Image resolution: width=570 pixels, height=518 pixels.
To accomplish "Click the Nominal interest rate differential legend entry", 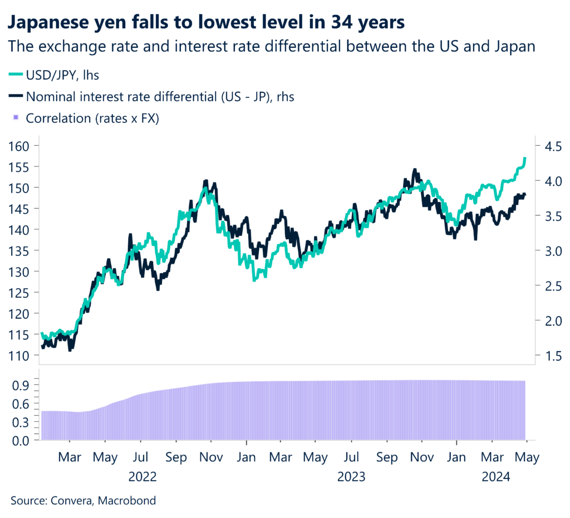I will pos(160,96).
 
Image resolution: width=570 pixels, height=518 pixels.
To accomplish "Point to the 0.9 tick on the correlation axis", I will pos(21,384).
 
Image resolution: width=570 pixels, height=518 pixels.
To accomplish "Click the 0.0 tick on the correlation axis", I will pos(21,441).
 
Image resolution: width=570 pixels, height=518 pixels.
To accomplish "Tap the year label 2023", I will pos(351,477).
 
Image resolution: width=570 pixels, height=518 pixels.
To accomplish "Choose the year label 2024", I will pos(493,477).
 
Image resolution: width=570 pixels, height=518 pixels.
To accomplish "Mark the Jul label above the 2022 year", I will pos(141,457).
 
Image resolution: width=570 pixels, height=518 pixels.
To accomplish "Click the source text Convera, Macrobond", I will pos(83,500).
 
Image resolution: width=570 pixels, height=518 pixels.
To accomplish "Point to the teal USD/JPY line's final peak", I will pos(525,159).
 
